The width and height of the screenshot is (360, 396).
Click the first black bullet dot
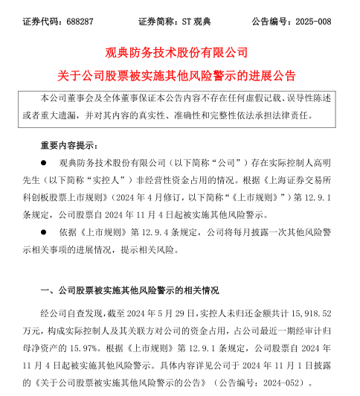pos(44,161)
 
